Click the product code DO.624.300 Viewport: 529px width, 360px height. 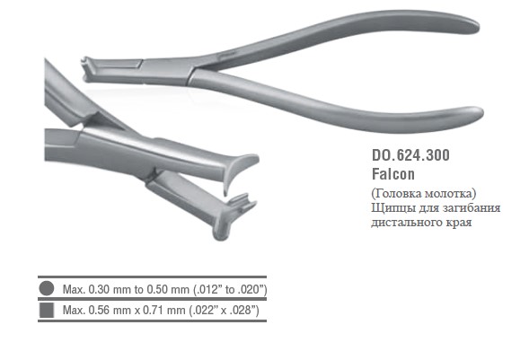tap(410, 155)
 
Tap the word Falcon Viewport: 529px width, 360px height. tap(393, 174)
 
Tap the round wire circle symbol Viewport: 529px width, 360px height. tap(47, 288)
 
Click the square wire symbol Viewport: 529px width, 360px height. tap(47, 310)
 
